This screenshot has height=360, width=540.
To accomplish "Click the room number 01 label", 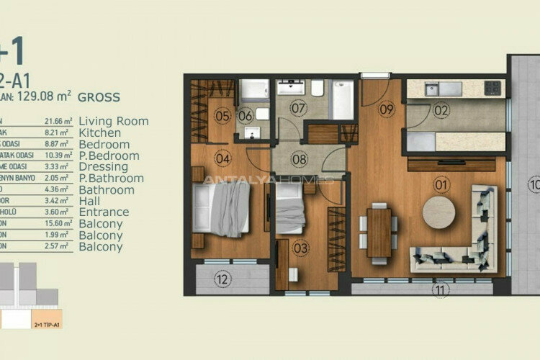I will tap(441, 185).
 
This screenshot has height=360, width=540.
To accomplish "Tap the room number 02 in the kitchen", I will tap(441, 111).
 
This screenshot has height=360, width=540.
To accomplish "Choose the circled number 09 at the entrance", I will tap(387, 110).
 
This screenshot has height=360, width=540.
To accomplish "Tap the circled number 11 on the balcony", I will tap(441, 289).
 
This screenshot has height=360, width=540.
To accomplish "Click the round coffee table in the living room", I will tap(438, 212).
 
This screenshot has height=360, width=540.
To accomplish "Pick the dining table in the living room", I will tap(379, 232).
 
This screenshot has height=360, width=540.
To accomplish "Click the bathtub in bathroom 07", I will tap(343, 99).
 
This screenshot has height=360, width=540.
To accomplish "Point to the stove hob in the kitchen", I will tap(492, 88).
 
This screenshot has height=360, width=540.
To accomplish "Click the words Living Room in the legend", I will tap(113, 121).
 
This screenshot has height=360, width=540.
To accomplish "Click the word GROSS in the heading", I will tap(99, 96).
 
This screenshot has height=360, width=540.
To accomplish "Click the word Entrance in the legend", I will tap(104, 212).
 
